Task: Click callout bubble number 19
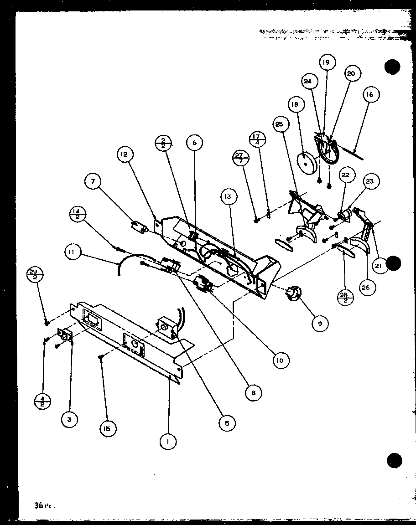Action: [327, 62]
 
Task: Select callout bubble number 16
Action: [369, 95]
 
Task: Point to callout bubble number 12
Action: [124, 154]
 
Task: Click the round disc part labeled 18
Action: [306, 162]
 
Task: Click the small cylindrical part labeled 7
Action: [138, 226]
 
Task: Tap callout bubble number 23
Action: [369, 181]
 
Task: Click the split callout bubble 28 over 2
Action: [343, 297]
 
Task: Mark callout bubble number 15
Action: [108, 428]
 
